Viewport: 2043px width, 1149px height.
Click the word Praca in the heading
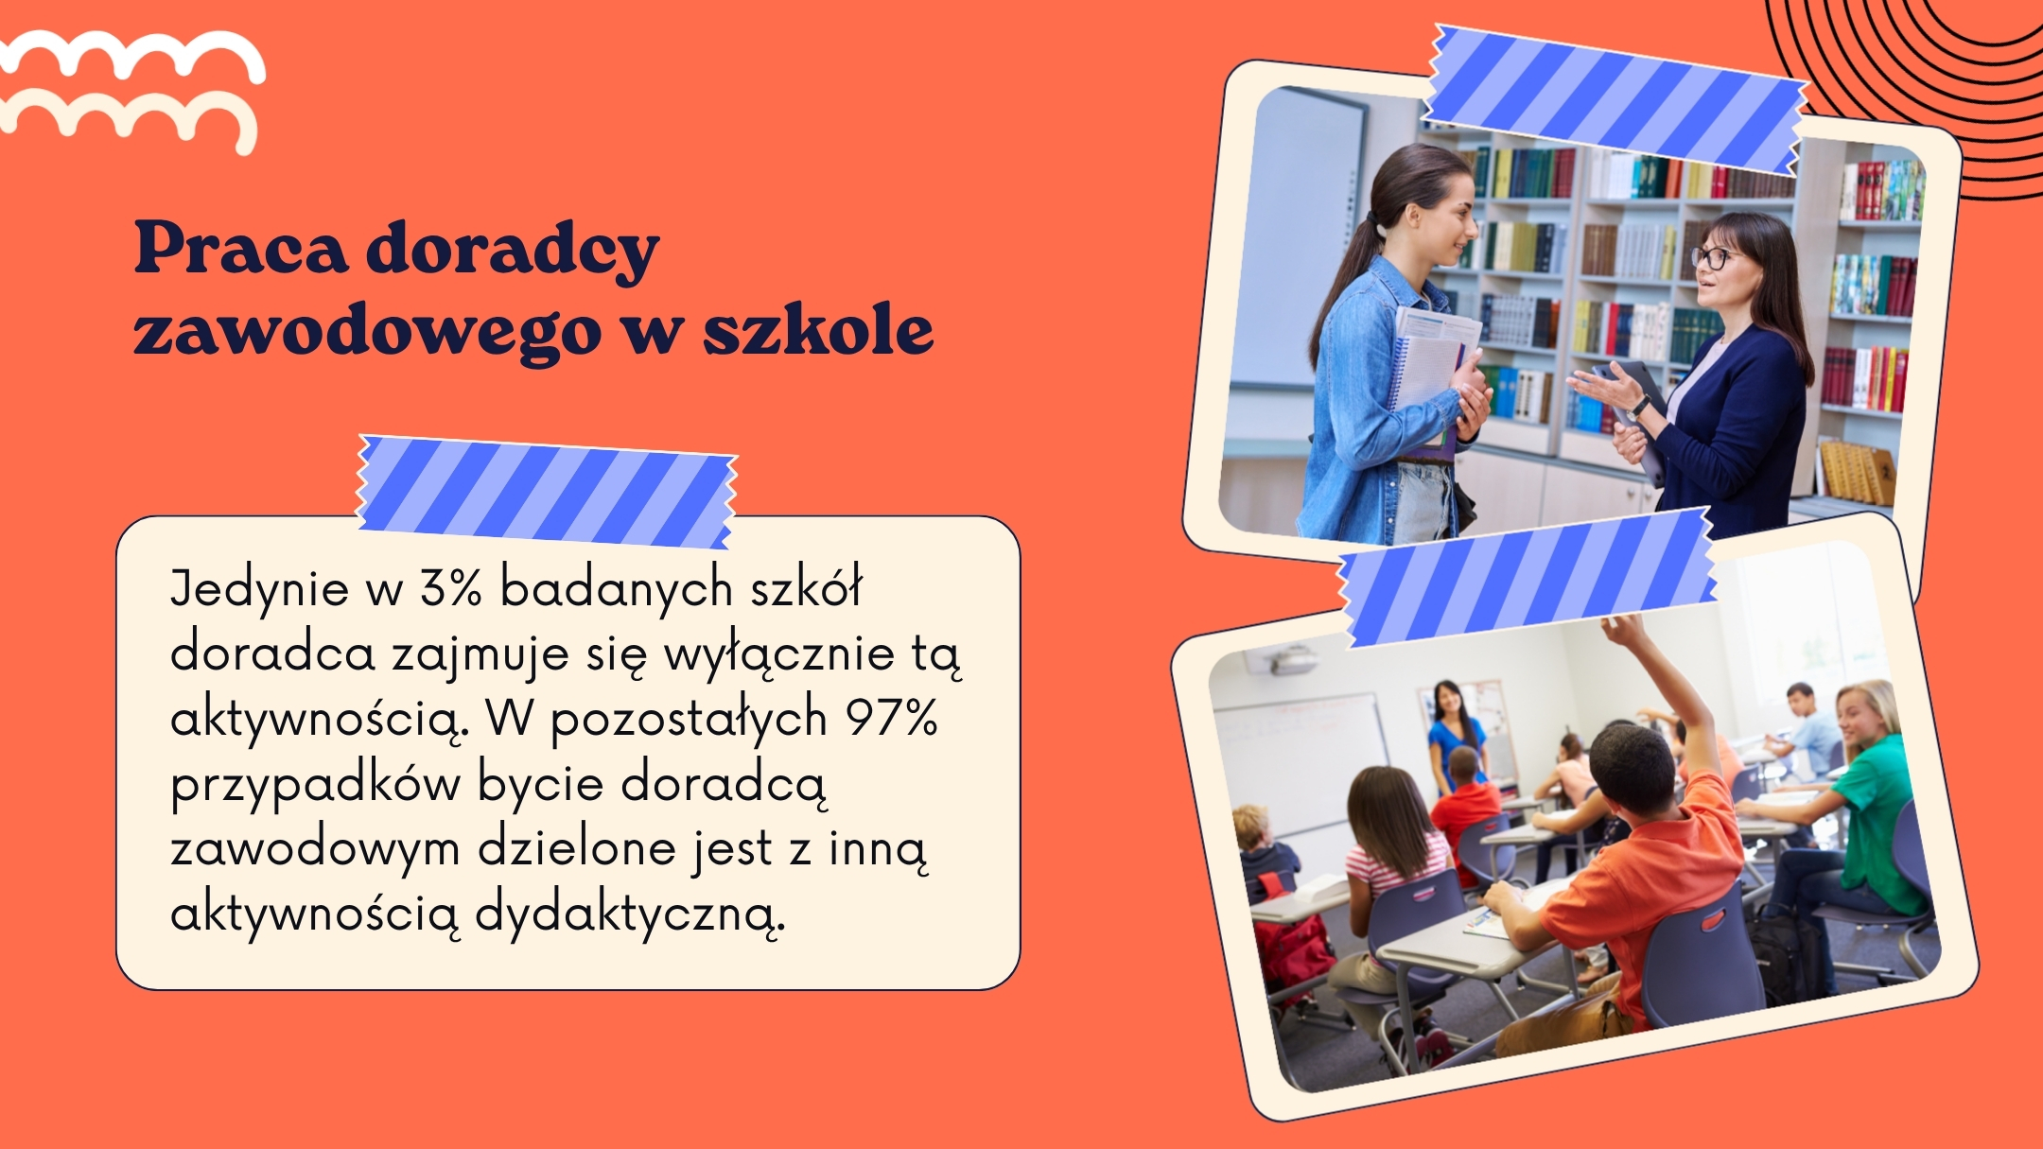pos(241,249)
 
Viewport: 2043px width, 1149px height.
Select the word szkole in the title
pos(818,330)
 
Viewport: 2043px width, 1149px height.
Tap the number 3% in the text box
pos(451,588)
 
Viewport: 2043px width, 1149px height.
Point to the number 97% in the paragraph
pos(891,718)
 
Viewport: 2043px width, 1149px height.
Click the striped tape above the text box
pos(547,492)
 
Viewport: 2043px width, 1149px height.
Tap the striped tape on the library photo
pos(1615,99)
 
